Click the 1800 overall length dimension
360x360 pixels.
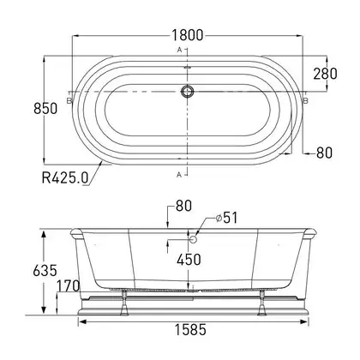[x=188, y=35]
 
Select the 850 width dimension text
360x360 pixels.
[x=45, y=109]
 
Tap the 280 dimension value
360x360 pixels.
[x=325, y=74]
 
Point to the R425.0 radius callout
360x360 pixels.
[x=65, y=177]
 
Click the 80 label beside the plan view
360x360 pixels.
[x=324, y=153]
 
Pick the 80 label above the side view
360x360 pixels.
[x=183, y=206]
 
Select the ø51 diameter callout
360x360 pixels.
[x=227, y=218]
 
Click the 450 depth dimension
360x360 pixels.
[x=189, y=260]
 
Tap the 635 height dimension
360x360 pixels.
[x=45, y=270]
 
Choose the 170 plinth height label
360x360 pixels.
[x=68, y=285]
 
